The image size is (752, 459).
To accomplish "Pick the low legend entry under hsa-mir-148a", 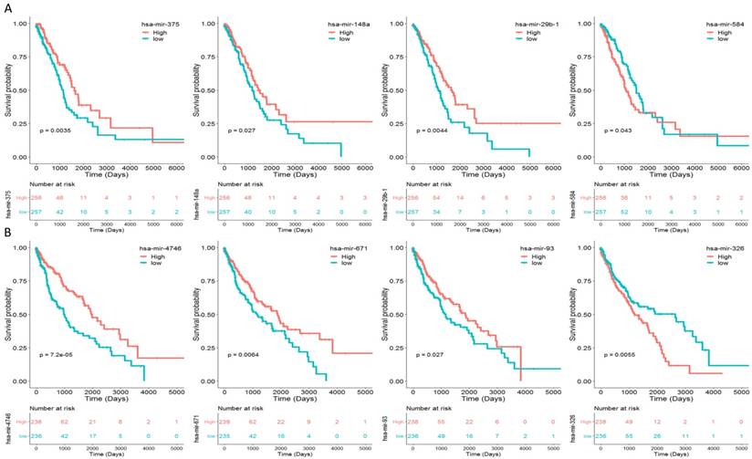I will [337, 39].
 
